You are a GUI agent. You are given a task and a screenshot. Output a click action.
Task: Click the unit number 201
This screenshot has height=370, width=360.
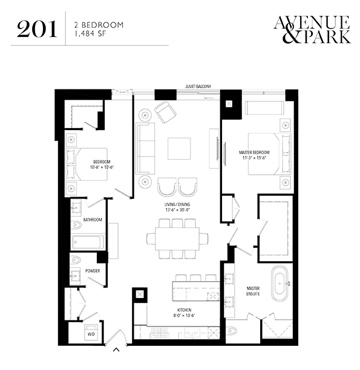pos(37,29)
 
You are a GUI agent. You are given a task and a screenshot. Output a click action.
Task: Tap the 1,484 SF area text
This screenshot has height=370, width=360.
pos(90,34)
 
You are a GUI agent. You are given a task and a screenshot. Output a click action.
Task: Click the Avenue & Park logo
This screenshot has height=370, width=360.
pos(312,30)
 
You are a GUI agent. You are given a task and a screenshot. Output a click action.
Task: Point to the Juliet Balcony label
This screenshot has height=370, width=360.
pos(198,86)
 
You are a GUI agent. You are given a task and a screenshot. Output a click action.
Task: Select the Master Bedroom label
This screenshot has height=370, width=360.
pos(254,152)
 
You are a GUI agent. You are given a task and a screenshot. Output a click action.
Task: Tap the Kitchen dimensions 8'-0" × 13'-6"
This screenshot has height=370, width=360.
pos(185,315)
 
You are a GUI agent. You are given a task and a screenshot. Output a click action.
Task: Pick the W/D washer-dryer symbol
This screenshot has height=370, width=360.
pos(91,332)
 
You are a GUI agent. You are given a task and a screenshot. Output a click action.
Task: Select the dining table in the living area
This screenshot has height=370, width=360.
pos(177,239)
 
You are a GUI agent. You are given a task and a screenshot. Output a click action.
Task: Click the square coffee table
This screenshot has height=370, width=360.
pos(179,149)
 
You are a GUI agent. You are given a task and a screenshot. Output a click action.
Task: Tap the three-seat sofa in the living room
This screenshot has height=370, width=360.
pos(145,149)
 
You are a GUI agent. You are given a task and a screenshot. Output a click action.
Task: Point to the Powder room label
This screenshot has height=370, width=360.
pos(93,271)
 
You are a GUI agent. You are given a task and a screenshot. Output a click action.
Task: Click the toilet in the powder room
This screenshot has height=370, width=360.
pos(76,260)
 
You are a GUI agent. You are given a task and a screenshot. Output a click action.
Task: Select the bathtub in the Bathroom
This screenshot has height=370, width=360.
pos(88,242)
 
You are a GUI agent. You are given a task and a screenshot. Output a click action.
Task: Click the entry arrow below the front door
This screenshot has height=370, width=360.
pos(116,349)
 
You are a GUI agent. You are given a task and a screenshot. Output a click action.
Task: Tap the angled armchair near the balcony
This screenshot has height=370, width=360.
pos(166,112)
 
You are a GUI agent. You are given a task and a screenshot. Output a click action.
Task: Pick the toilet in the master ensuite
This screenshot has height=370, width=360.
pos(232,331)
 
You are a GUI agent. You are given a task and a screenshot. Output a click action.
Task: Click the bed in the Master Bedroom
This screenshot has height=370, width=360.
pos(269,154)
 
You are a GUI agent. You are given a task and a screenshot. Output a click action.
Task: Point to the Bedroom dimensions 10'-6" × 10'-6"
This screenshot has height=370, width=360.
pos(102,167)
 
